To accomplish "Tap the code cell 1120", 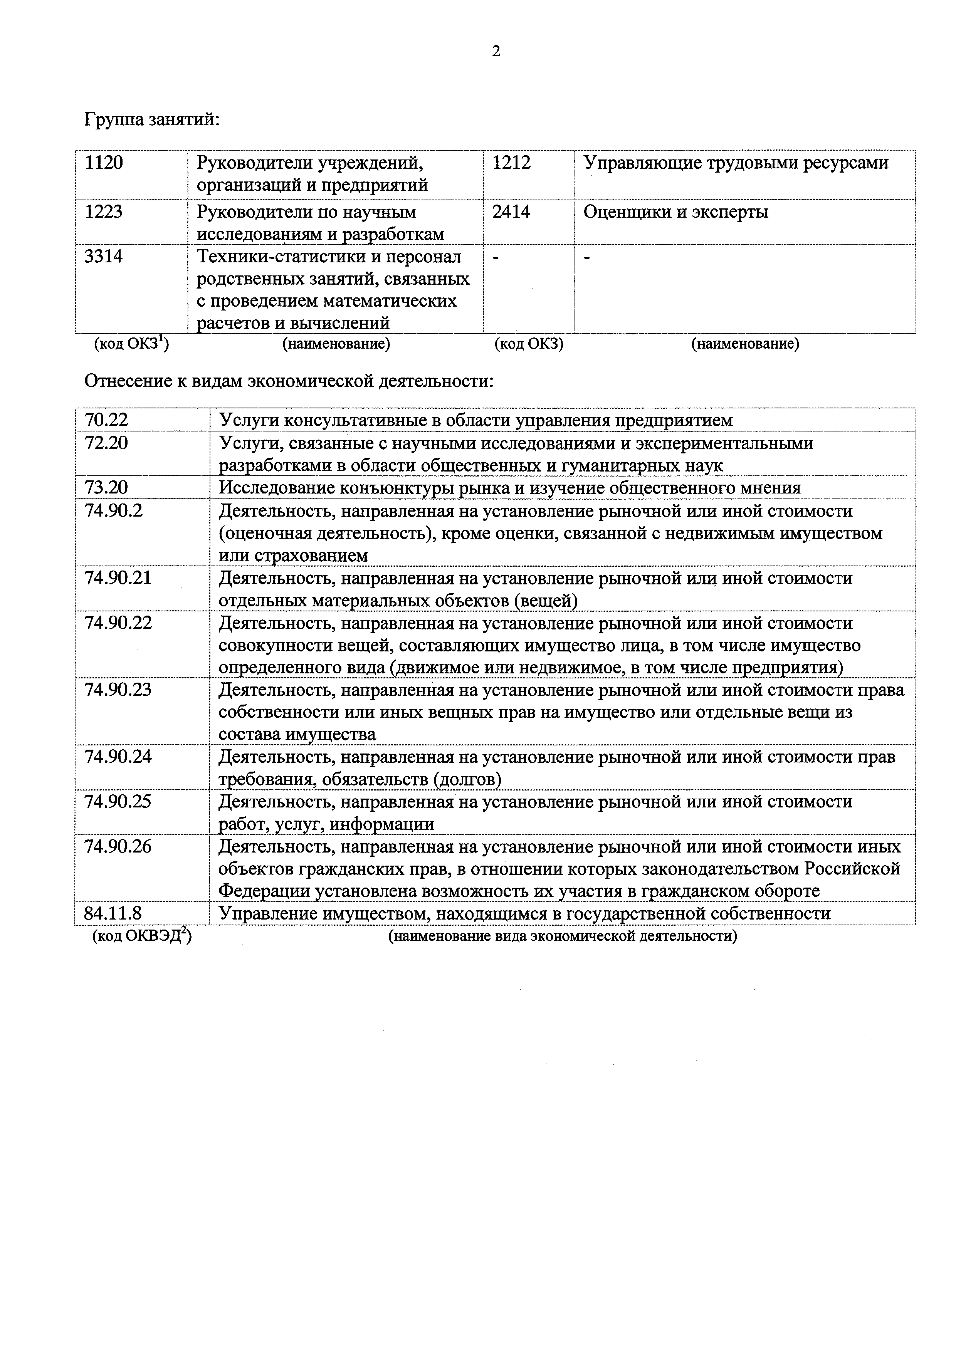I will click(104, 163).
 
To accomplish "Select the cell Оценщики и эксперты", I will click(676, 212).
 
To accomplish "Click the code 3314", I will click(104, 257).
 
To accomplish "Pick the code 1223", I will click(104, 212).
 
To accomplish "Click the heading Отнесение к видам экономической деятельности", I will click(289, 381).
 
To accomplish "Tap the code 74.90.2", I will click(114, 511).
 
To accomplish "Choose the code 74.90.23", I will click(118, 690).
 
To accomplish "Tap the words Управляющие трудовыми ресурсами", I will click(736, 163).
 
